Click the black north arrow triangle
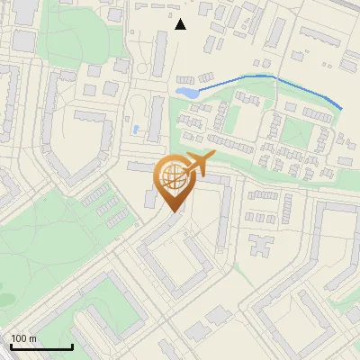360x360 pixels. [x=181, y=24]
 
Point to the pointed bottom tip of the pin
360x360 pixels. [x=175, y=212]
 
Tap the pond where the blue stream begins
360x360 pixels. [x=188, y=93]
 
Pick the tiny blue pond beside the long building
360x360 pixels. [x=136, y=130]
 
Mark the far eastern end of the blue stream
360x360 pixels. [x=342, y=109]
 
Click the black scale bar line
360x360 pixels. [x=41, y=347]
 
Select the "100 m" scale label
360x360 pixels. [x=24, y=338]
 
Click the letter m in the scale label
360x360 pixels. [x=32, y=338]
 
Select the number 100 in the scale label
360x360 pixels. [x=20, y=338]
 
